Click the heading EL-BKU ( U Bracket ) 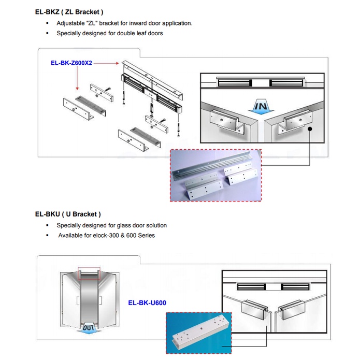coord(68,213)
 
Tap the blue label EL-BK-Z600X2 coord(71,63)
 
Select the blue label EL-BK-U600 coord(147,303)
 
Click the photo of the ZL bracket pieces coord(216,175)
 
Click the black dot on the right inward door coord(310,130)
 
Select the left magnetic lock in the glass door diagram coord(251,286)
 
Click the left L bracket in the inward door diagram coord(227,122)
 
